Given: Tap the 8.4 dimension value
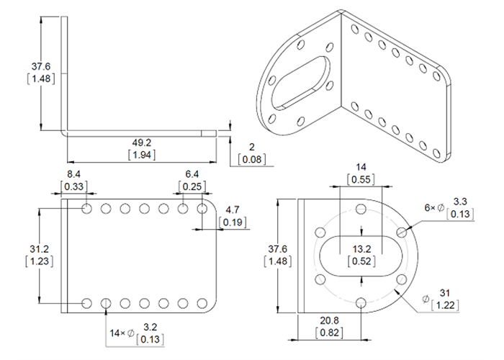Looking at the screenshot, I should pos(73,175).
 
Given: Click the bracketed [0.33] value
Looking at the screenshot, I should pos(73,186).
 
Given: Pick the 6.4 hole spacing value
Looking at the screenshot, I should pos(192,175).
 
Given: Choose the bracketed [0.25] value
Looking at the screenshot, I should pos(192,186).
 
